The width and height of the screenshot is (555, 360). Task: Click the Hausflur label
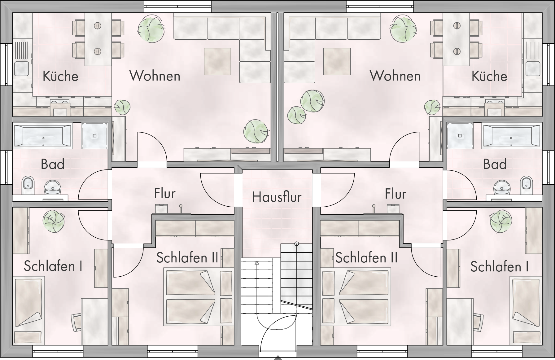coord(277,197)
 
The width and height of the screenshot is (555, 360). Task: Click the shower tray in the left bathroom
coord(94,135)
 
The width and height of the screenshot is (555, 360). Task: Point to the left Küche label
coord(60,76)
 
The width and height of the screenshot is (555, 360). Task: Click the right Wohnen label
coord(395,76)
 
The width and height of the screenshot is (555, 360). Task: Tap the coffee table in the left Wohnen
coord(217,61)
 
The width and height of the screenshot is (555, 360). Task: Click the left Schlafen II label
coord(187,258)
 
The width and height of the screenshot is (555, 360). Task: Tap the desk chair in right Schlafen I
coord(478,322)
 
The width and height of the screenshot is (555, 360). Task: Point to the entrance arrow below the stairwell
coord(278,358)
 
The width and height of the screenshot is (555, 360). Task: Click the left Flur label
coord(165,194)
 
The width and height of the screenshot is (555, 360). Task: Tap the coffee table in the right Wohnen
coord(337,61)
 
